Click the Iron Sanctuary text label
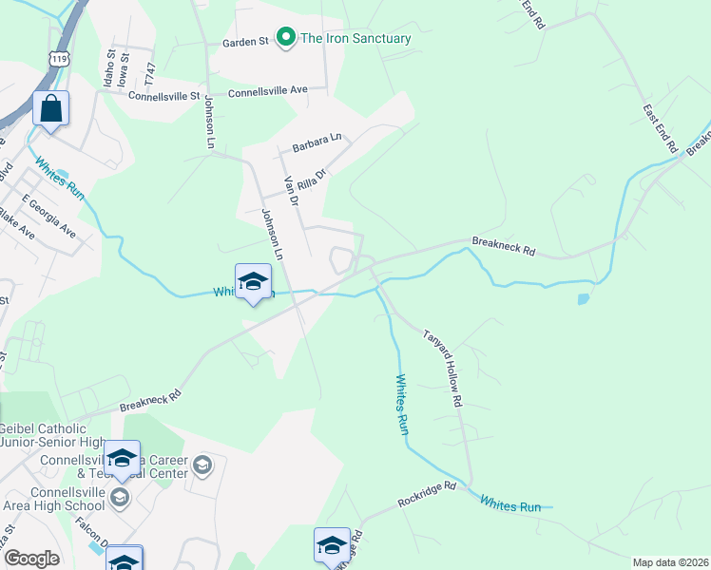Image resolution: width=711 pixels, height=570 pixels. (355, 39)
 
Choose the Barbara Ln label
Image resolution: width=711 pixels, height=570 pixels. (317, 142)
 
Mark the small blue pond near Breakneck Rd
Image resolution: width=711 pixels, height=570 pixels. (582, 299)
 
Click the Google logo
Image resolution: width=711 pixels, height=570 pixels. (31, 559)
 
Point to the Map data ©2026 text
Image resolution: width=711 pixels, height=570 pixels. (670, 562)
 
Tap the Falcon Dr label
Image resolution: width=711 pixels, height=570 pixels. (92, 537)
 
